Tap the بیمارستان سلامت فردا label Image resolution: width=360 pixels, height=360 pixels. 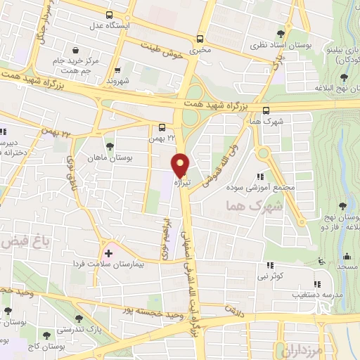[148, 264]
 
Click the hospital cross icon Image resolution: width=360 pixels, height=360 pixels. [108, 252]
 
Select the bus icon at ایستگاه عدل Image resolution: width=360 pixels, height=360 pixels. [108, 15]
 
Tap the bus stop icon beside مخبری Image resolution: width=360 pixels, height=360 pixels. [200, 39]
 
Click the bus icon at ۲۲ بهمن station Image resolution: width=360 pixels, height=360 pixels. [162, 128]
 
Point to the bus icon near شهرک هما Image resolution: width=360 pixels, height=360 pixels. [266, 110]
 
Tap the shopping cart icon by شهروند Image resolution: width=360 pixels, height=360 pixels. [117, 69]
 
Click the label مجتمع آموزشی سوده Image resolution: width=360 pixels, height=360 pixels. [254, 188]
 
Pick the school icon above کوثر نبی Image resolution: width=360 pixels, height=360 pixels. [270, 266]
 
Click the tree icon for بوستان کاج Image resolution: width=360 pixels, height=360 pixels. [46, 335]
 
